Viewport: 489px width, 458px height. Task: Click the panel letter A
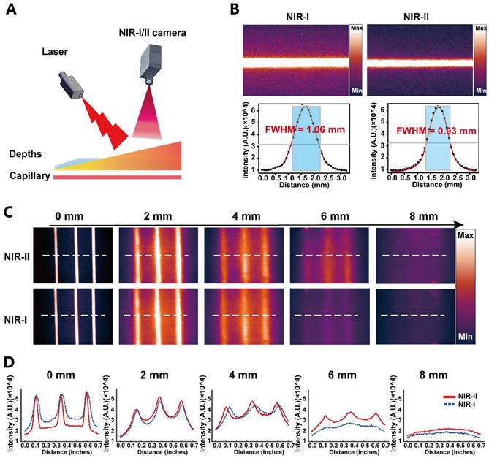[11, 12]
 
